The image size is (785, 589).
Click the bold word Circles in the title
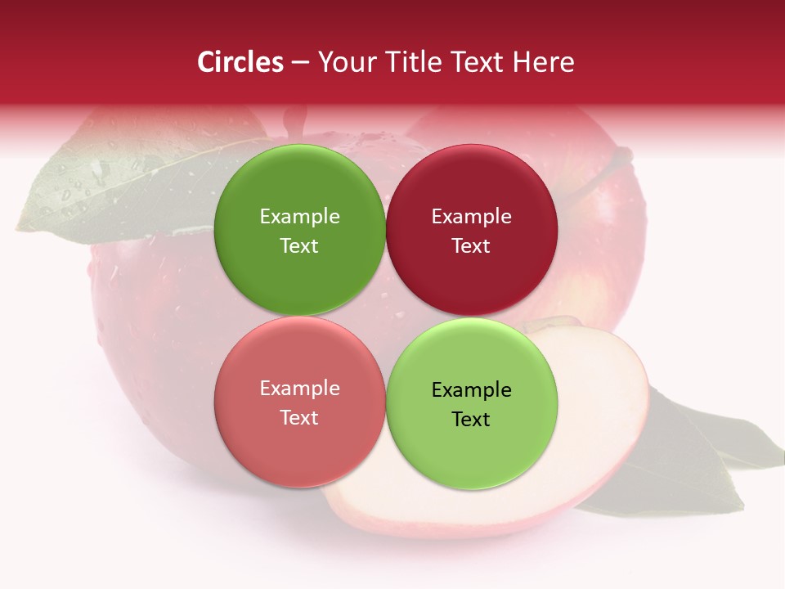[240, 62]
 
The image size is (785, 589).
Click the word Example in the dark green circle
[299, 216]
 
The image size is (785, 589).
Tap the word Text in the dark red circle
[471, 245]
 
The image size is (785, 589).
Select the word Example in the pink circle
[299, 388]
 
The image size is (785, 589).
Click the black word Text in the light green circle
[471, 419]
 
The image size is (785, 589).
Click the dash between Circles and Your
[300, 63]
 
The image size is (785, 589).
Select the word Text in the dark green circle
[299, 245]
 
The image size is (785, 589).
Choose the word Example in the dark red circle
[471, 216]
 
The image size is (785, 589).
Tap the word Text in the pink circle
[299, 417]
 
